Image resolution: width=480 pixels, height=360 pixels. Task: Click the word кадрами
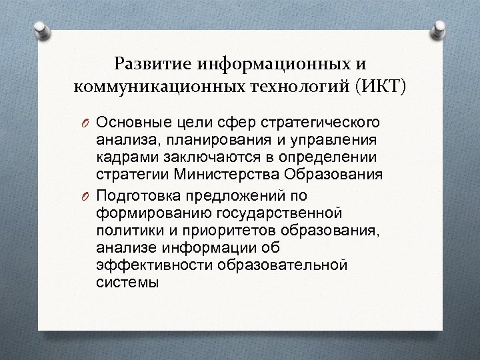click(121, 157)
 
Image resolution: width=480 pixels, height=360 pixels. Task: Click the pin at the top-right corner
click(441, 27)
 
